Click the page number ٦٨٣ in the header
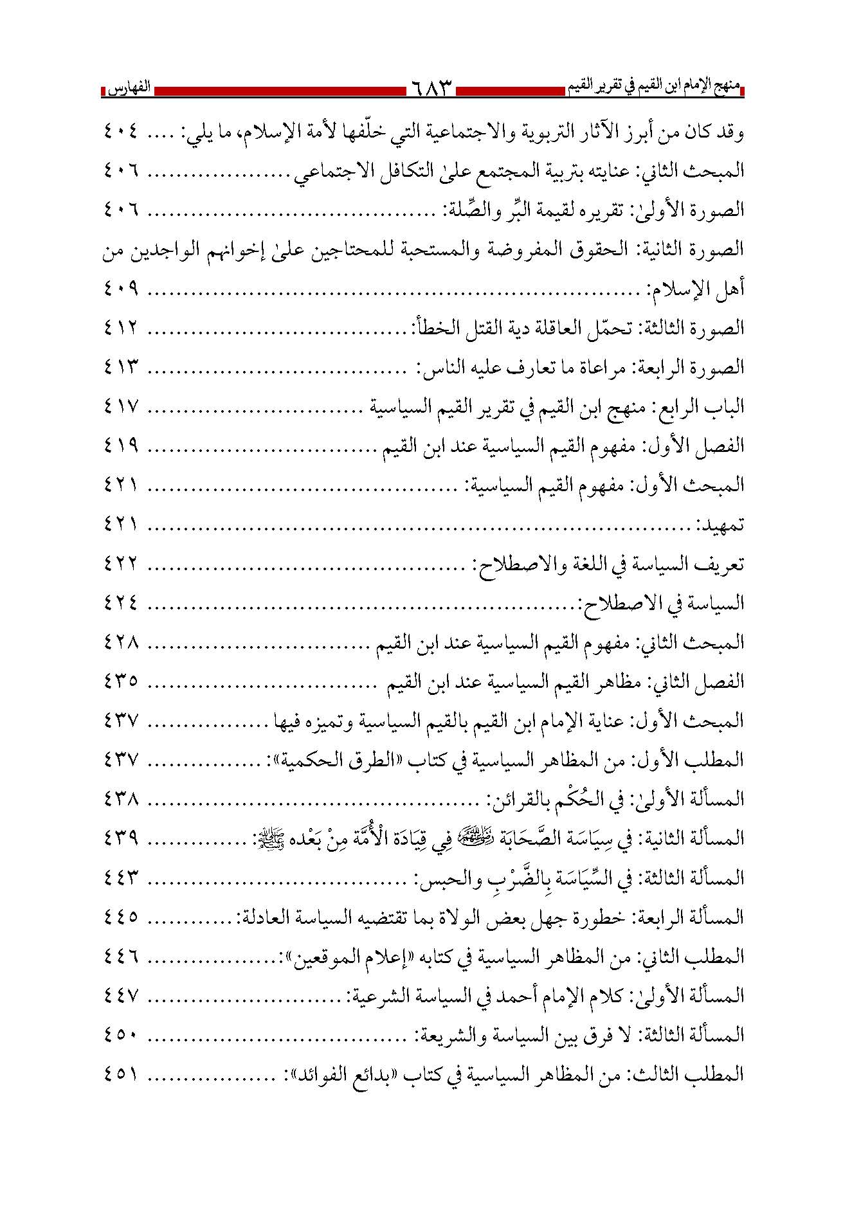pyautogui.click(x=430, y=88)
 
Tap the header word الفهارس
pyautogui.click(x=125, y=87)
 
